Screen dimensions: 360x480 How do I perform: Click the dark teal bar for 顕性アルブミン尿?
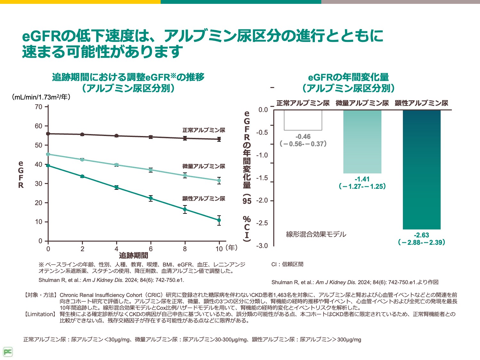pyautogui.click(x=421, y=170)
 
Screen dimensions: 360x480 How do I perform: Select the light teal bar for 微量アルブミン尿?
pyautogui.click(x=362, y=141)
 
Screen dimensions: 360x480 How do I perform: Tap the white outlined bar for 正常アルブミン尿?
pyautogui.click(x=303, y=120)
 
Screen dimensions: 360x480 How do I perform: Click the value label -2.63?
pyautogui.click(x=421, y=235)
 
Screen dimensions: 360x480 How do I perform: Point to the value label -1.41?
pyautogui.click(x=362, y=179)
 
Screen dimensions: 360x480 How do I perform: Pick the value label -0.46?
pyautogui.click(x=303, y=137)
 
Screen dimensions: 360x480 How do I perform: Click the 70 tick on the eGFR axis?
pyautogui.click(x=39, y=107)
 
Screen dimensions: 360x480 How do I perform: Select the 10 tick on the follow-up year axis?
pyautogui.click(x=219, y=249)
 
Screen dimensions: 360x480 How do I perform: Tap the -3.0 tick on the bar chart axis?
pyautogui.click(x=262, y=246)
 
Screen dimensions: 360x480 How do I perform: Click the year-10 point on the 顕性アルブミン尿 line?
pyautogui.click(x=219, y=220)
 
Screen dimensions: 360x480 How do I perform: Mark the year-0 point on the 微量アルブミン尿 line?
pyautogui.click(x=48, y=154)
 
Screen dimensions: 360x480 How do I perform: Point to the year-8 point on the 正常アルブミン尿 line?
pyautogui.click(x=185, y=138)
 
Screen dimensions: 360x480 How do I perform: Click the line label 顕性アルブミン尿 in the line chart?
pyautogui.click(x=204, y=199)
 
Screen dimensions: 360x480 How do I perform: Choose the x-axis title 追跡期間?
pyautogui.click(x=133, y=255)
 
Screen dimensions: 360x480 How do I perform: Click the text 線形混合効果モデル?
pyautogui.click(x=316, y=235)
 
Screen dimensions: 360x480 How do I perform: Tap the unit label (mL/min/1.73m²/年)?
pyautogui.click(x=41, y=97)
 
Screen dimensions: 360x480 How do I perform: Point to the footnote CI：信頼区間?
pyautogui.click(x=287, y=264)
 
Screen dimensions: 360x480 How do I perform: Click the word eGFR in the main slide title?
pyautogui.click(x=41, y=36)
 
